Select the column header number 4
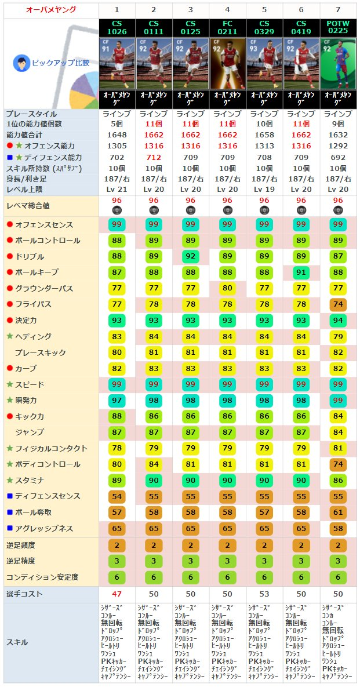(x=227, y=10)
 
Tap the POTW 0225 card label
(x=339, y=27)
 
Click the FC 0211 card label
(x=227, y=27)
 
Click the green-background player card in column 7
(x=339, y=63)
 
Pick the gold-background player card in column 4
(x=227, y=63)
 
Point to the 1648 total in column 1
(x=117, y=135)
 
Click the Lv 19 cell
(x=264, y=189)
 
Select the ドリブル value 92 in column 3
(x=191, y=256)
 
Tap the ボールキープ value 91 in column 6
(x=301, y=272)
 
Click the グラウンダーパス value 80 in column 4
(x=227, y=288)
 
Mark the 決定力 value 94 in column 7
(x=339, y=321)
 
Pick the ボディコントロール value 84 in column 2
(x=154, y=464)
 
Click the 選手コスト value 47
(x=117, y=594)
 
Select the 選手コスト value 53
(x=264, y=594)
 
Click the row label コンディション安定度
(x=42, y=577)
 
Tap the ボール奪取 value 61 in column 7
(x=339, y=512)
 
